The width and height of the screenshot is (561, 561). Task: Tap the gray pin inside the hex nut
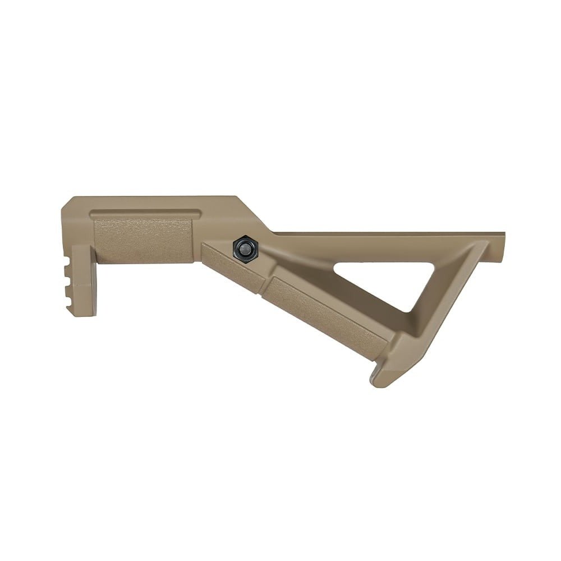245,247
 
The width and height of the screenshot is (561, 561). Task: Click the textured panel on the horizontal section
142,240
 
